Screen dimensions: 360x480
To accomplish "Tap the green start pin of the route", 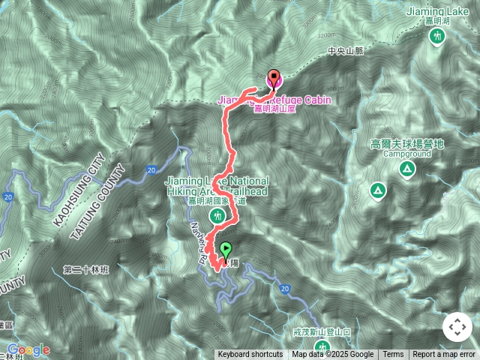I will [x=226, y=250].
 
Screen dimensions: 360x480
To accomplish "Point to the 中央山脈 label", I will [x=345, y=51].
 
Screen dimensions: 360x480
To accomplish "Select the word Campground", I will [x=407, y=153].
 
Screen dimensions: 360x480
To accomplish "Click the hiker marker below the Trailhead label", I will [x=217, y=217].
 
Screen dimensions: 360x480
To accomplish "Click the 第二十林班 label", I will [x=86, y=269].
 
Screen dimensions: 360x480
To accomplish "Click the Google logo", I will [x=28, y=349].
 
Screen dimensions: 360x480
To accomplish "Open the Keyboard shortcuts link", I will [x=250, y=355].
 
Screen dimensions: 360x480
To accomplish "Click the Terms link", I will [x=393, y=355].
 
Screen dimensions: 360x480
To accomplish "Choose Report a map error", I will [x=444, y=355].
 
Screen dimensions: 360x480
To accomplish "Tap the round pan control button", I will [x=457, y=328].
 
